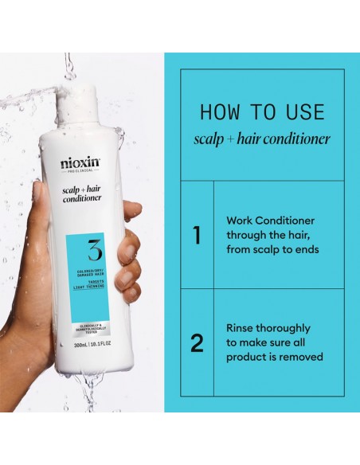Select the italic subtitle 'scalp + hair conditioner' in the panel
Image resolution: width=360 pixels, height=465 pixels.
pos(250,139)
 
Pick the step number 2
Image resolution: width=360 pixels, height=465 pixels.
pos(196,343)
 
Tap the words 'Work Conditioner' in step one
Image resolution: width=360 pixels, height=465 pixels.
pos(270,220)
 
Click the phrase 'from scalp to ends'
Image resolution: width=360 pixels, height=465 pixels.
pos(273,249)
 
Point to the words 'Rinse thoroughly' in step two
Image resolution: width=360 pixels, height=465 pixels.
pos(268,328)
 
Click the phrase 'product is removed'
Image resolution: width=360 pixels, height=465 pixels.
pos(275,358)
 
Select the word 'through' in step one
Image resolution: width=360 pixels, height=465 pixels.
pos(245,235)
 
